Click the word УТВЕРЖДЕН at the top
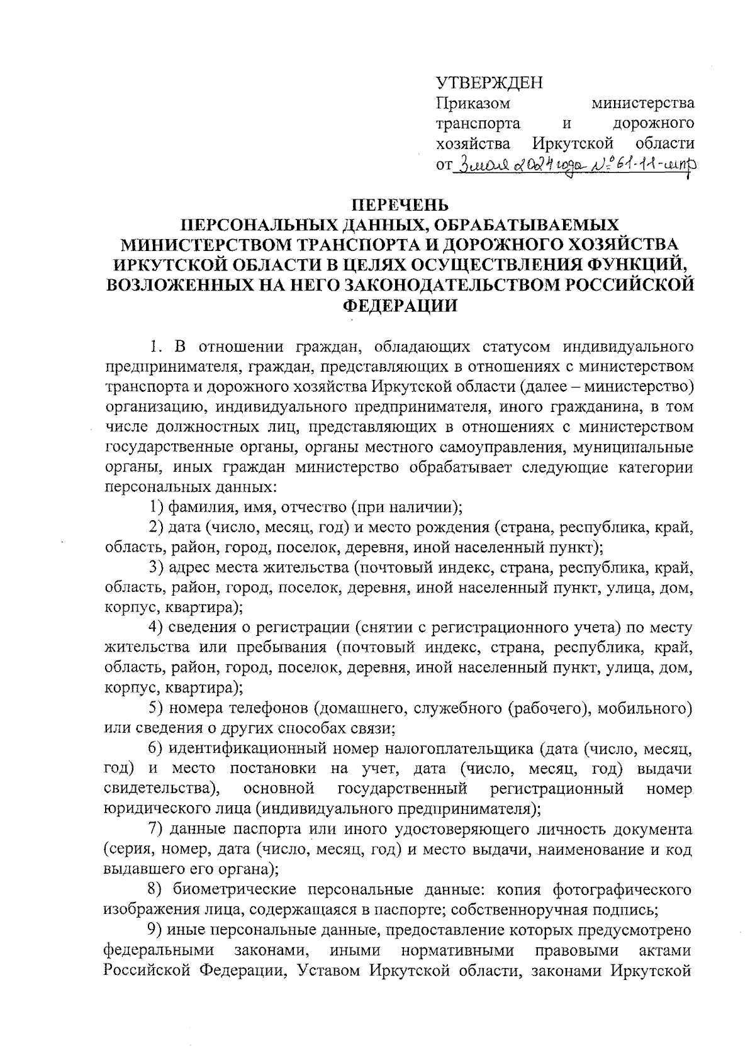click(x=489, y=82)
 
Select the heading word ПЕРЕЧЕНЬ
click(x=400, y=205)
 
